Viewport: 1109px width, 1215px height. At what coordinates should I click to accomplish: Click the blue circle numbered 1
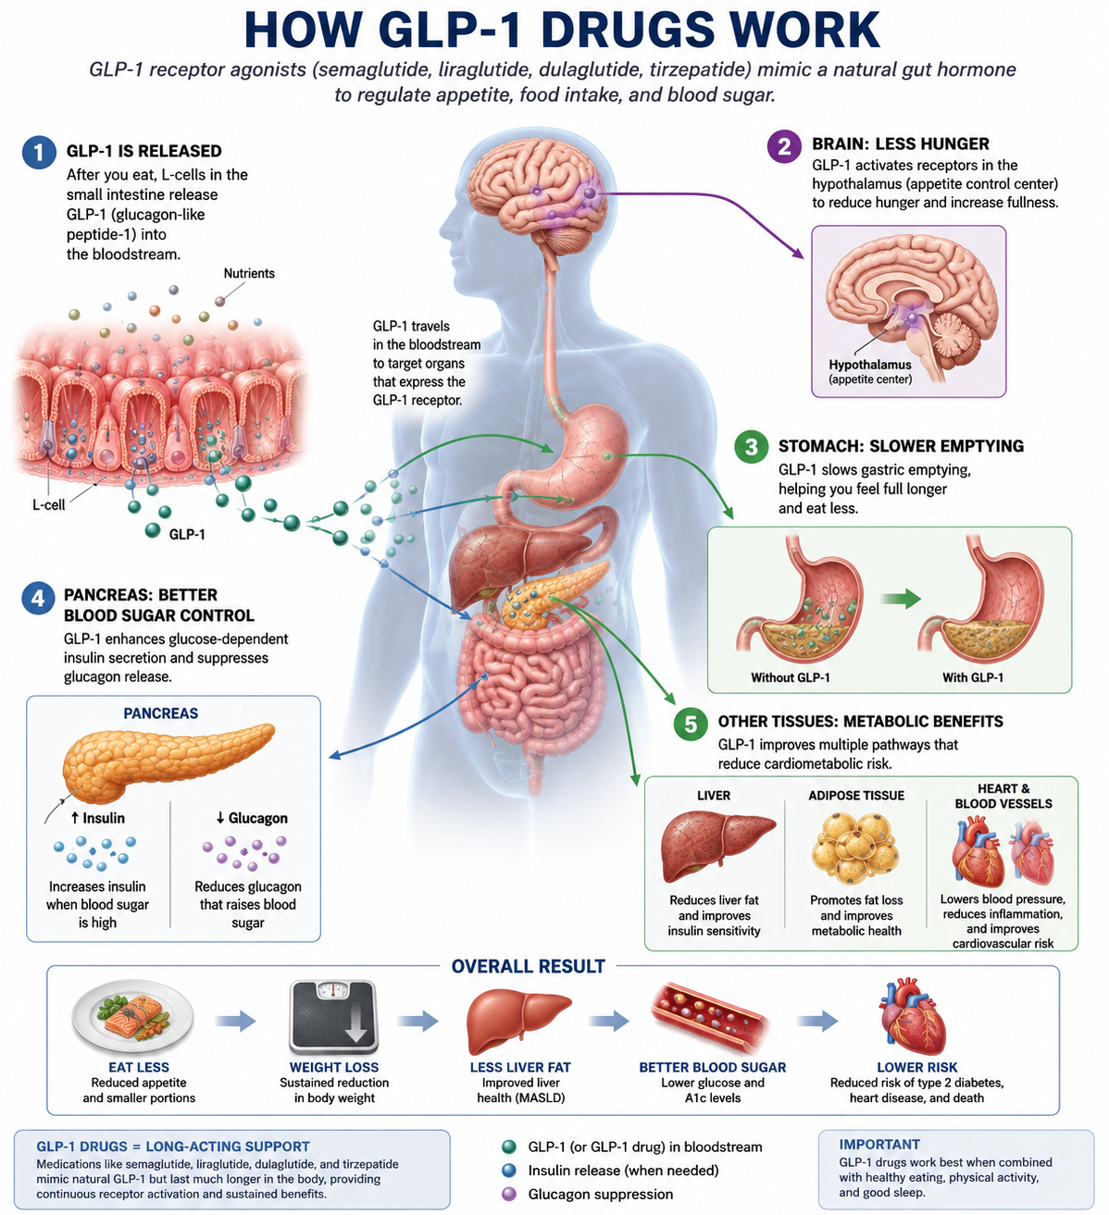point(40,152)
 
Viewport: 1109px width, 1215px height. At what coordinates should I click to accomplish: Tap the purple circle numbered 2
point(784,146)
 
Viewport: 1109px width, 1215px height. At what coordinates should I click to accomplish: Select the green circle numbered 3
point(751,446)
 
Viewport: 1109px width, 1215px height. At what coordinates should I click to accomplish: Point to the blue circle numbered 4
point(38,599)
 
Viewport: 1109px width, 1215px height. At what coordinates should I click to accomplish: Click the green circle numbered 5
point(691,724)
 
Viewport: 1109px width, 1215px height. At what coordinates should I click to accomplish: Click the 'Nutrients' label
point(249,273)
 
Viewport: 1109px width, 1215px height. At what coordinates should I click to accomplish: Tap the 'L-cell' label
point(48,504)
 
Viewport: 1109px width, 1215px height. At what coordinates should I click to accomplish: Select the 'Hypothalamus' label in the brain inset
point(869,365)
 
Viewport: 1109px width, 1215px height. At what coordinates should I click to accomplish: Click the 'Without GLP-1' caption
point(791,677)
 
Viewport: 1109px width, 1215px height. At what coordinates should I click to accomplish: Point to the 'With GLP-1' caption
point(973,677)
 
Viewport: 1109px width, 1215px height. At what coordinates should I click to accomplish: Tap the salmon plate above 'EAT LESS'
point(132,1016)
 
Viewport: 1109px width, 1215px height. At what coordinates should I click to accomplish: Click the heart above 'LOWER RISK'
point(912,1016)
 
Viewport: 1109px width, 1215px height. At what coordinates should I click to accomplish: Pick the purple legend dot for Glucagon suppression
point(509,1194)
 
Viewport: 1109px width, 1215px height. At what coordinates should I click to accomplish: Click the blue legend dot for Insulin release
point(509,1171)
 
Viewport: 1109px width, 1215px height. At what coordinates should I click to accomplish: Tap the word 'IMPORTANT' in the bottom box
point(878,1144)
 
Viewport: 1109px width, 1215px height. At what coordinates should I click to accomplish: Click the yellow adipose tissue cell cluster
point(855,849)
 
